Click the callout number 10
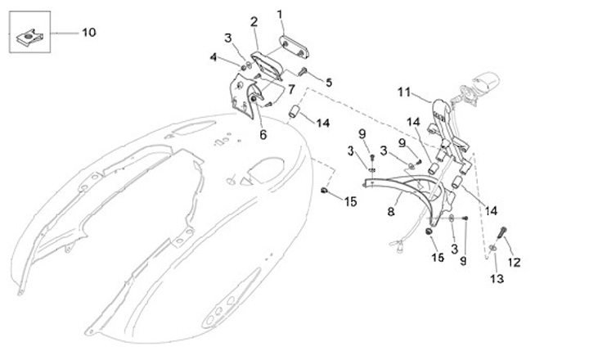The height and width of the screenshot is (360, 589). pos(88,33)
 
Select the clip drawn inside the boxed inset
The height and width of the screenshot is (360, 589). pos(29,35)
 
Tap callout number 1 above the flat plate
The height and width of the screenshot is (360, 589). pos(280,14)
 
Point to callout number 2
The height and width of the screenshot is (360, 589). pos(254,21)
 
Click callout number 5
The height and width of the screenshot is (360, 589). pos(329,82)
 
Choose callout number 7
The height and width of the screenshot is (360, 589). pos(290,88)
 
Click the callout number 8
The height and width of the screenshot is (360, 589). pos(391,211)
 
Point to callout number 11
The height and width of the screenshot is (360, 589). pos(402,92)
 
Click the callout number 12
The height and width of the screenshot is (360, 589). pos(515,263)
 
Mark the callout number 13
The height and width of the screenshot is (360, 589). pos(497,279)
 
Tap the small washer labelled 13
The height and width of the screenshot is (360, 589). pos(494,248)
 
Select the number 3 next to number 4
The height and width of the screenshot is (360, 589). pos(228,38)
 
